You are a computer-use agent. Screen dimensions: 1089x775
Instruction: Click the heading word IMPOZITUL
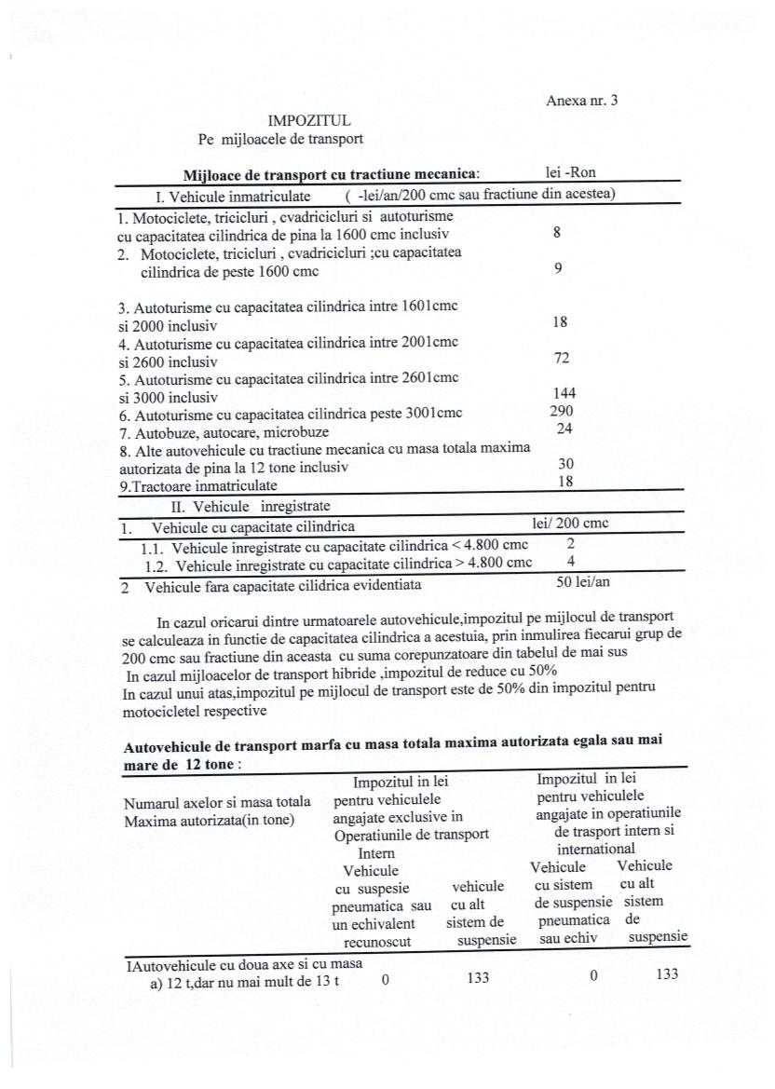click(x=309, y=120)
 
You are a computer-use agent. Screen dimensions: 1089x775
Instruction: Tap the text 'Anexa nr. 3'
click(x=581, y=102)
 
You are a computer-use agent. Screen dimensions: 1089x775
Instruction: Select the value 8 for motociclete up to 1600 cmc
click(x=557, y=234)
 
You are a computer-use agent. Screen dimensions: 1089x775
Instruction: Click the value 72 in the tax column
click(x=562, y=359)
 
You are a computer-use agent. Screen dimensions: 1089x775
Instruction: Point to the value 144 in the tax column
click(x=564, y=394)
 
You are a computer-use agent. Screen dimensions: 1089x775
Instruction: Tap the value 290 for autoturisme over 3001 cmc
click(x=563, y=411)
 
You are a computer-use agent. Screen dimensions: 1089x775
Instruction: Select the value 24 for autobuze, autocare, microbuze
click(x=564, y=429)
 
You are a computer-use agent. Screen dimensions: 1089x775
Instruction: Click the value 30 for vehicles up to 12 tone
click(x=565, y=464)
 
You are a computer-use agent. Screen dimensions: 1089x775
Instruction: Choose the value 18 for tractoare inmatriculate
click(x=565, y=482)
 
